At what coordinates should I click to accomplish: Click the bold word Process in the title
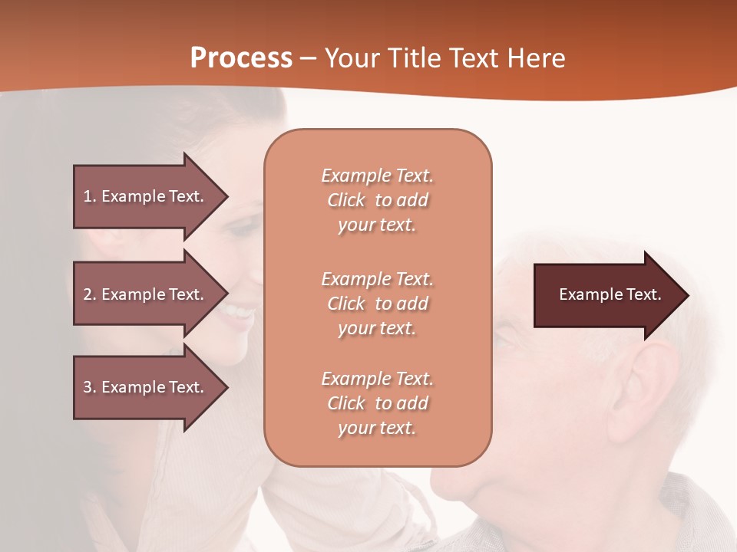click(241, 58)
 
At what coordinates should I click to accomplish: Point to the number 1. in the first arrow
click(90, 196)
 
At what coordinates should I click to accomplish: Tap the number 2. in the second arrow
click(90, 294)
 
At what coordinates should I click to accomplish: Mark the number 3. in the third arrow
click(90, 387)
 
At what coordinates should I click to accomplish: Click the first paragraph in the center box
click(377, 200)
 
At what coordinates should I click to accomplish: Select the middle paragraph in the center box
click(377, 304)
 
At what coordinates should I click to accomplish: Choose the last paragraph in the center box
click(377, 403)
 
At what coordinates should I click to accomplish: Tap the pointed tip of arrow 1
click(226, 196)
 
